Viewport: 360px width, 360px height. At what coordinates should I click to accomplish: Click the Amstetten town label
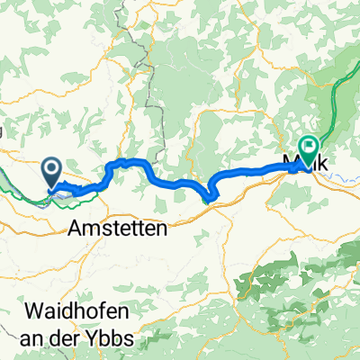pos(117,229)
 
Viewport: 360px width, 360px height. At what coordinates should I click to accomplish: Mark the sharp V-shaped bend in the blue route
pos(210,199)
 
